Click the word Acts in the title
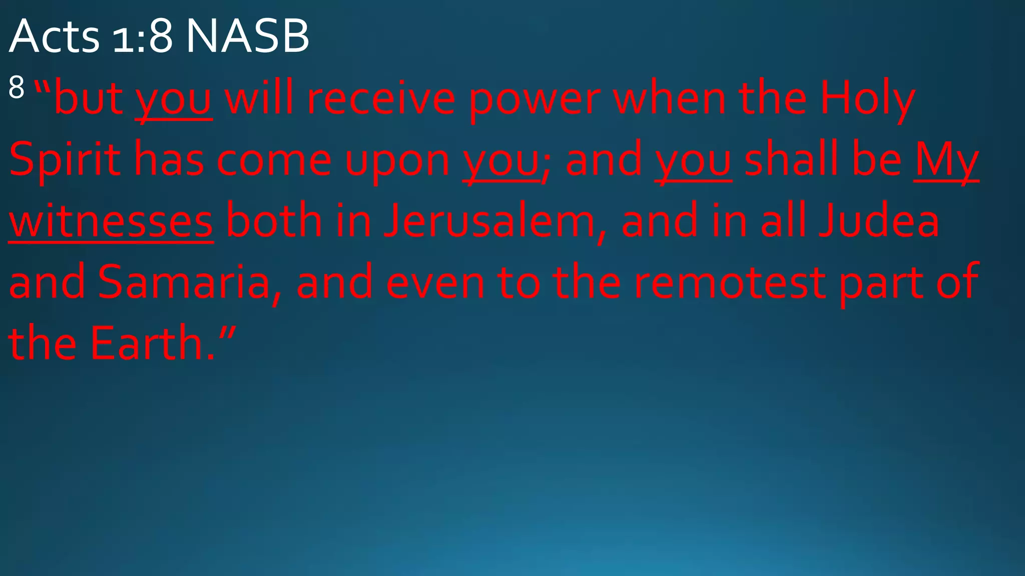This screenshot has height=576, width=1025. tap(54, 36)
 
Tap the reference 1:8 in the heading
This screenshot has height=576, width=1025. tap(143, 36)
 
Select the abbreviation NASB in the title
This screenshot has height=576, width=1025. tap(247, 36)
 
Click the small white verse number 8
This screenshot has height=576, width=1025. tap(17, 87)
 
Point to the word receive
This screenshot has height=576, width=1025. tap(380, 98)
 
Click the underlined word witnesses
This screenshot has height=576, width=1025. tap(111, 221)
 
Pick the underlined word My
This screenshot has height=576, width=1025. tap(946, 160)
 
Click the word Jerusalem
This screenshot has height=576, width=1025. tap(489, 221)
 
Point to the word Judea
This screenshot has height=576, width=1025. tap(879, 221)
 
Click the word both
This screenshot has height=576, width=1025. tap(274, 221)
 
